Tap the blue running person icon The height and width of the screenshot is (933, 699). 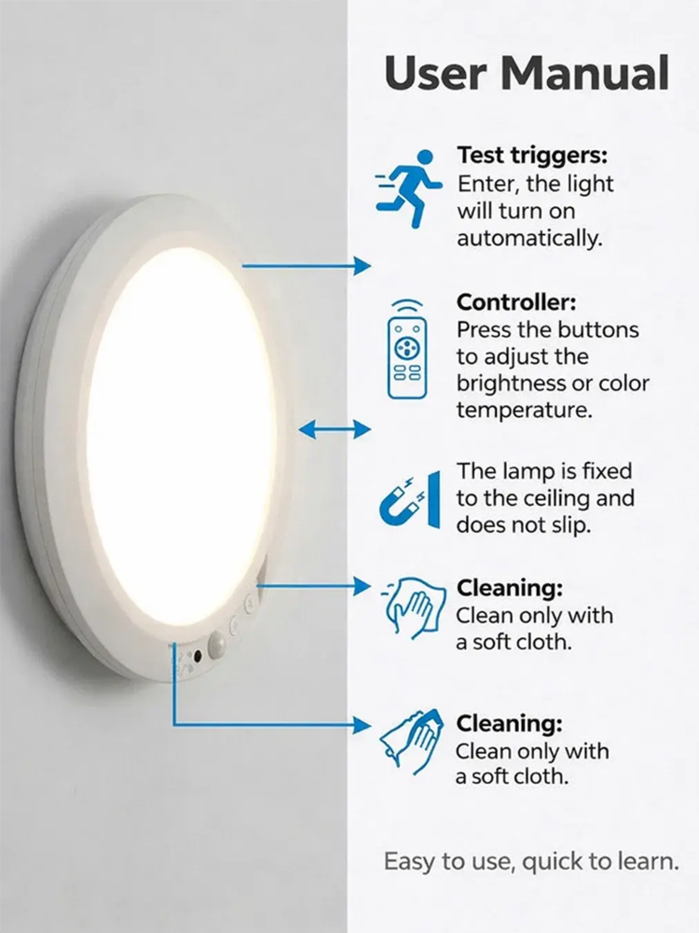tap(409, 188)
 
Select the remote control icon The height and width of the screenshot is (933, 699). tap(407, 349)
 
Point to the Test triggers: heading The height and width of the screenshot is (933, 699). tap(532, 155)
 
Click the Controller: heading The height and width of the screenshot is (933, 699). tap(516, 302)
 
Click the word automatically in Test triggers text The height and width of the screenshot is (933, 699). tap(529, 239)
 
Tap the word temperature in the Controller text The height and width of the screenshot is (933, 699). tap(524, 411)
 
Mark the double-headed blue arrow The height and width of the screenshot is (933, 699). tap(334, 428)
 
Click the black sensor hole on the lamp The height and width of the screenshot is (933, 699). tap(197, 656)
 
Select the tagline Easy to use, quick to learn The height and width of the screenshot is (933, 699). tap(531, 861)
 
